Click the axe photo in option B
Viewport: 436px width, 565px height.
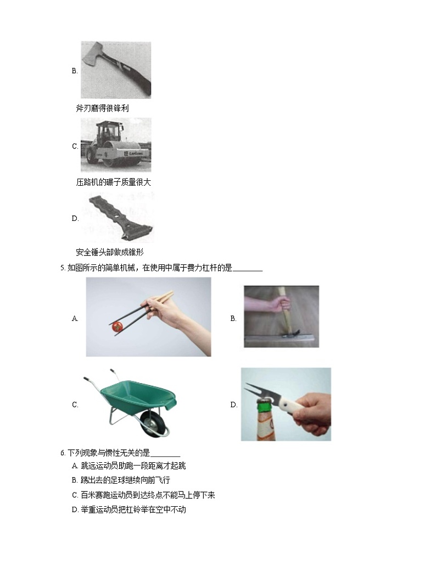point(116,70)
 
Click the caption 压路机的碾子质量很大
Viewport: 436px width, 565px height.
point(113,182)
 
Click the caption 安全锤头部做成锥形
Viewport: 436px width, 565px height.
point(109,253)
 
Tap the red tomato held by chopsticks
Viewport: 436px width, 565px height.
point(116,326)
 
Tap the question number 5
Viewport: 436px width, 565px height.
point(63,269)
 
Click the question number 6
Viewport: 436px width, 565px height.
point(63,453)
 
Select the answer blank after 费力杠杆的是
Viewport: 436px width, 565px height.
point(248,269)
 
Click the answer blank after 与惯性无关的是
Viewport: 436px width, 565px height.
point(165,453)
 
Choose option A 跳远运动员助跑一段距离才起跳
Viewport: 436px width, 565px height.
point(129,466)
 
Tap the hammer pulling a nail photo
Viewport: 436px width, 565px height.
point(281,317)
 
